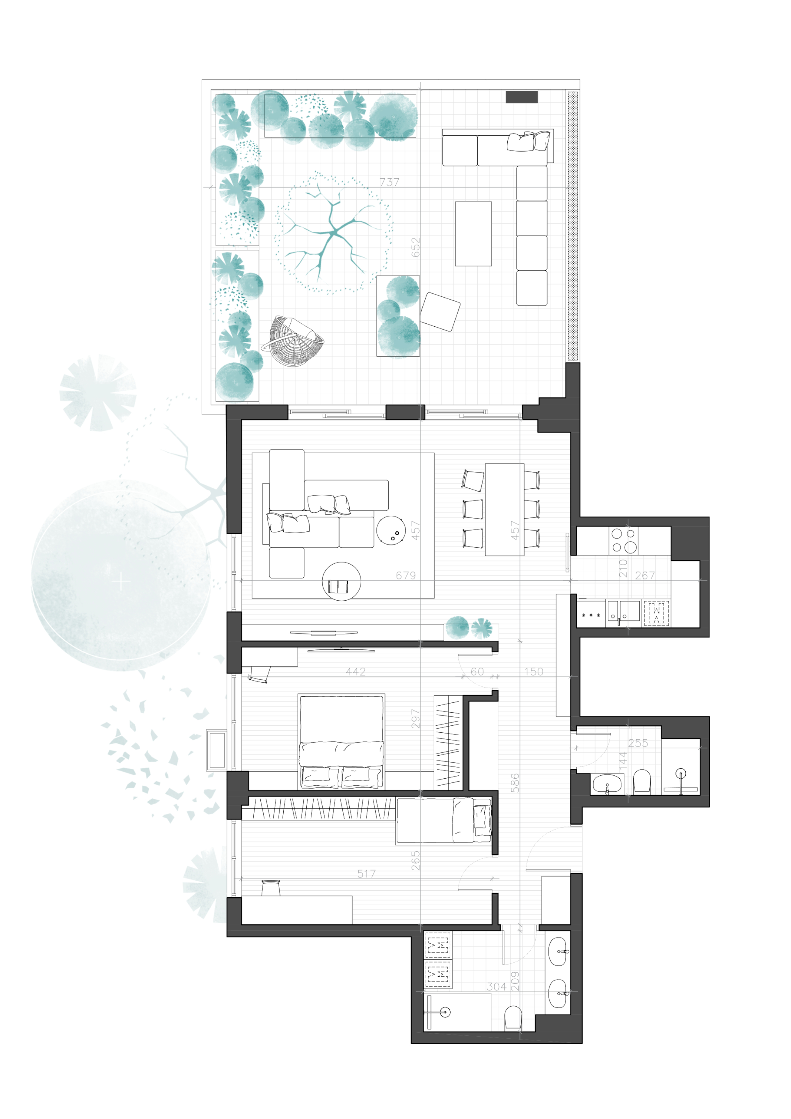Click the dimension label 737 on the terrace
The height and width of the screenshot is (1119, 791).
pos(389,182)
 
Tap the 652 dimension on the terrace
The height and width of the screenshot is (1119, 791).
pos(415,247)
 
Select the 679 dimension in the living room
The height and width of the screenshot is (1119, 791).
pos(406,575)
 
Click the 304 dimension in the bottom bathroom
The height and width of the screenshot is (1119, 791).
pos(496,987)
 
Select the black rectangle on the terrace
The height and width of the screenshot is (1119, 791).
pos(521,97)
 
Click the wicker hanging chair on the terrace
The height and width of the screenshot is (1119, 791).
pos(291,340)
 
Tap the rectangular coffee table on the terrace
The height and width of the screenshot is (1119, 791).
pos(473,234)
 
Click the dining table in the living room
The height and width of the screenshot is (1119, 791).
pos(504,509)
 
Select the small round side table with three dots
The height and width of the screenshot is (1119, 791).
pos(391,530)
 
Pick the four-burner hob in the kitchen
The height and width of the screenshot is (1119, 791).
pos(623,540)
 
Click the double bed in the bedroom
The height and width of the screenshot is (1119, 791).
pos(341,741)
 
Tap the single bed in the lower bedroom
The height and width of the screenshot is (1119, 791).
pos(444,820)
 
